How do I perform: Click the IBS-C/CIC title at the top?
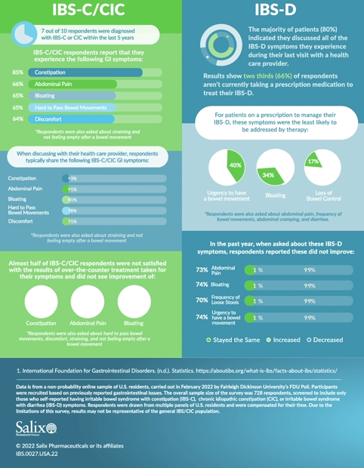(x=90, y=10)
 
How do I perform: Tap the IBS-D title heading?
(x=273, y=10)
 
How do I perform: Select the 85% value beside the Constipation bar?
(x=17, y=72)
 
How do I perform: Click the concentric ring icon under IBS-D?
(x=218, y=45)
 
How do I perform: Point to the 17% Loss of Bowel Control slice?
(x=312, y=162)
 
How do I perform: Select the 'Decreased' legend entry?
(x=325, y=340)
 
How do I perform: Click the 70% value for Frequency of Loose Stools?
(x=202, y=300)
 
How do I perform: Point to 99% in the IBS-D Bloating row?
(x=310, y=286)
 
